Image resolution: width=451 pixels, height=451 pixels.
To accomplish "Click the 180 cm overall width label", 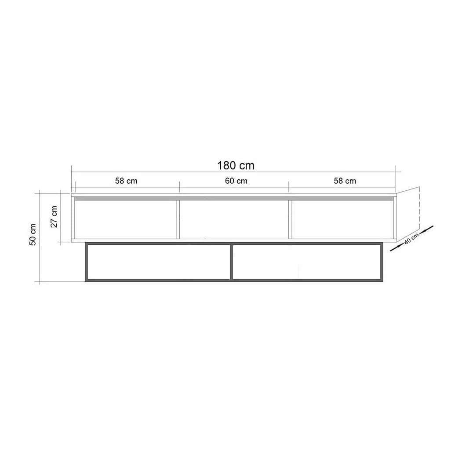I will pyautogui.click(x=236, y=165).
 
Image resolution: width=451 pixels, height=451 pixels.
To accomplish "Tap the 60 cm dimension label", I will pyautogui.click(x=236, y=181).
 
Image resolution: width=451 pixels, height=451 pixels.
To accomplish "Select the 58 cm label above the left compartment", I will pyautogui.click(x=126, y=181).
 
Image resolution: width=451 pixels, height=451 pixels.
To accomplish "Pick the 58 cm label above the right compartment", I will pyautogui.click(x=345, y=181).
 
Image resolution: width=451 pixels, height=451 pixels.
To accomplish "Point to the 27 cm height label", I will pyautogui.click(x=54, y=216).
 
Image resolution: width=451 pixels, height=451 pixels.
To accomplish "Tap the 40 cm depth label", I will pyautogui.click(x=411, y=240).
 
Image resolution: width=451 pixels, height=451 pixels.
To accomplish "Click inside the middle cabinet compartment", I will pyautogui.click(x=234, y=220).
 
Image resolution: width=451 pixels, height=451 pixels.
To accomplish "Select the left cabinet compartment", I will pyautogui.click(x=126, y=220).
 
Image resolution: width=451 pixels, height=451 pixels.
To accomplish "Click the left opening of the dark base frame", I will pyautogui.click(x=159, y=262).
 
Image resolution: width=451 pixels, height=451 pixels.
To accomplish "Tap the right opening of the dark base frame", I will pyautogui.click(x=306, y=262).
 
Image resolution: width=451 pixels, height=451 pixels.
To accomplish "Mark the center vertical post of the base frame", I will pyautogui.click(x=231, y=262).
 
